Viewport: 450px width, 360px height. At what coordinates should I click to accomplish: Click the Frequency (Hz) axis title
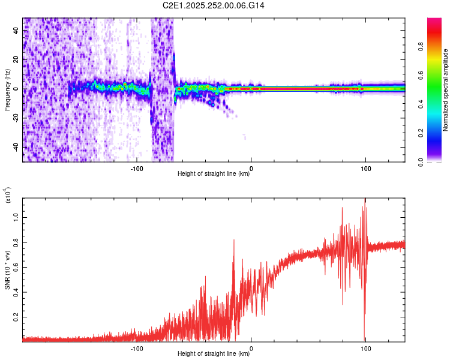click(8, 90)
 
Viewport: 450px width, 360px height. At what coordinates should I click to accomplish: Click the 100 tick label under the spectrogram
click(365, 168)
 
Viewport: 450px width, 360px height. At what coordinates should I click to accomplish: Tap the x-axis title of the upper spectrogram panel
click(214, 174)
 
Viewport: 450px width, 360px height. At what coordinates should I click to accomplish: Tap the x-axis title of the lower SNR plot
click(214, 354)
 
